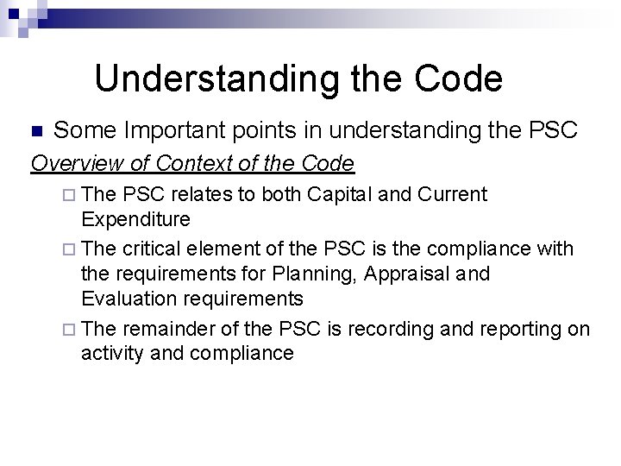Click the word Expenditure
135,216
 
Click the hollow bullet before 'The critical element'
71,250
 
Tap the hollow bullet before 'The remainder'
71,329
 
